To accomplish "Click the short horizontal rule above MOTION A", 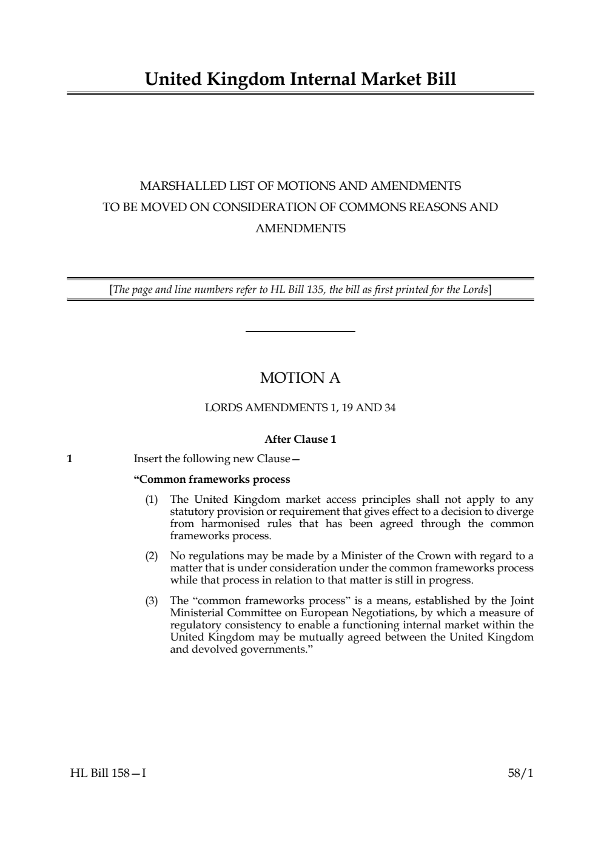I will click(300, 331).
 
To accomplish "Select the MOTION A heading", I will click(300, 378).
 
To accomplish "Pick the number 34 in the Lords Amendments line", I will click(389, 408).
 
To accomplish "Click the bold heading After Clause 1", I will click(300, 439).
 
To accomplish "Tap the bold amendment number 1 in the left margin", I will click(70, 459).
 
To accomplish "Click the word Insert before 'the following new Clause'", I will click(147, 459).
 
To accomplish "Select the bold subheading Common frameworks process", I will click(212, 479).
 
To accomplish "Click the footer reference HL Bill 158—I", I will click(108, 773).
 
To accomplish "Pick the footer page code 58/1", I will click(520, 773).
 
